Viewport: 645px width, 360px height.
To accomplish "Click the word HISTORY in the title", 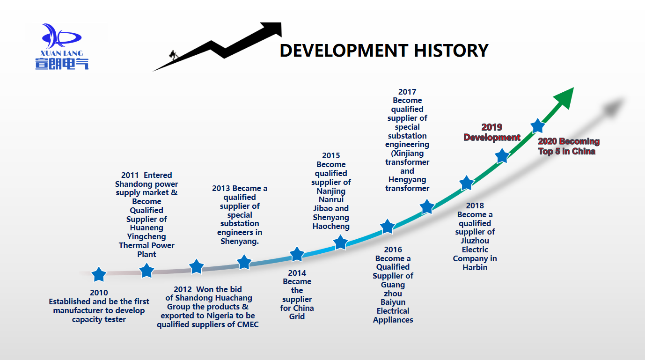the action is pyautogui.click(x=451, y=51).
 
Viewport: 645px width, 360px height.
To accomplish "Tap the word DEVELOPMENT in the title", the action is pyautogui.click(x=344, y=51).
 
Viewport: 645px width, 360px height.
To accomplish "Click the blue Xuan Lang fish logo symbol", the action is pyautogui.click(x=62, y=36).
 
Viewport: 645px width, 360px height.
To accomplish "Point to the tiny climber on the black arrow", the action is pyautogui.click(x=173, y=55).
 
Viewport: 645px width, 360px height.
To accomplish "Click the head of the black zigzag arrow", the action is pyautogui.click(x=271, y=29).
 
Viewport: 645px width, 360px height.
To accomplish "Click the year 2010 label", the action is pyautogui.click(x=99, y=293).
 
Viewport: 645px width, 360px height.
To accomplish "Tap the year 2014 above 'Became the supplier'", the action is pyautogui.click(x=297, y=273).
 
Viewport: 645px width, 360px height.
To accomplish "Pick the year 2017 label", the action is pyautogui.click(x=407, y=92).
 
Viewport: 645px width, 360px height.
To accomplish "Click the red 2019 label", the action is pyautogui.click(x=492, y=127).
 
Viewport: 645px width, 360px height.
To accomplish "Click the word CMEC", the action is pyautogui.click(x=248, y=324).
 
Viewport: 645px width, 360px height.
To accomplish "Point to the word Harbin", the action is pyautogui.click(x=475, y=268).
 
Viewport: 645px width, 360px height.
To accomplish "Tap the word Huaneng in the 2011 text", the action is pyautogui.click(x=147, y=228).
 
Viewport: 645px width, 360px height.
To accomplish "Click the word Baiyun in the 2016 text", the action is pyautogui.click(x=393, y=302).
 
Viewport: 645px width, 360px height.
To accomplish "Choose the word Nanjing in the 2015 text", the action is pyautogui.click(x=331, y=191).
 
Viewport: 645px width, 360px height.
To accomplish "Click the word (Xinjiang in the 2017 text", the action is pyautogui.click(x=407, y=153).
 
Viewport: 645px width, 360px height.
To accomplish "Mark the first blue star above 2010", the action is pyautogui.click(x=99, y=274).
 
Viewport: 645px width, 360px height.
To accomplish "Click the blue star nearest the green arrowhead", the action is pyautogui.click(x=538, y=126).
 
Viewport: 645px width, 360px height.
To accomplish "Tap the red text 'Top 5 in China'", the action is pyautogui.click(x=567, y=152).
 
